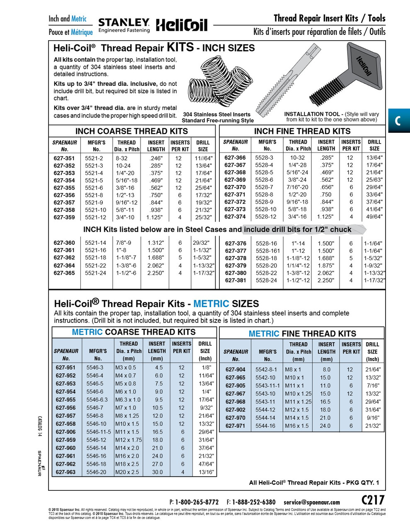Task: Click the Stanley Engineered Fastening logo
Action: pos(124,25)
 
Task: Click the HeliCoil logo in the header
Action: pos(181,25)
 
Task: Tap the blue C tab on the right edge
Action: pos(398,121)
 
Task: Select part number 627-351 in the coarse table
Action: pos(64,158)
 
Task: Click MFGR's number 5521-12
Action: pos(95,217)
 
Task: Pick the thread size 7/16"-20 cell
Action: pos(298,187)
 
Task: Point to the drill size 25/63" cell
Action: pos(374,180)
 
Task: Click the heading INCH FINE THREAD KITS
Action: pos(302,131)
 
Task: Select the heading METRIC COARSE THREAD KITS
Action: pos(133,332)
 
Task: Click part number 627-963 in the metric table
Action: pos(66,472)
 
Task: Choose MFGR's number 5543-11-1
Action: pos(267,386)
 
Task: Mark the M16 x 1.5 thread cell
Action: pos(296,426)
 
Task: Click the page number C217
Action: pos(373,500)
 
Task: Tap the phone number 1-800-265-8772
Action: pos(197,502)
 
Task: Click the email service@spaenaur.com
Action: pos(311,502)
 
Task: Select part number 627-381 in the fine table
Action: pos(235,280)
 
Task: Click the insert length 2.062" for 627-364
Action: pos(156,265)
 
